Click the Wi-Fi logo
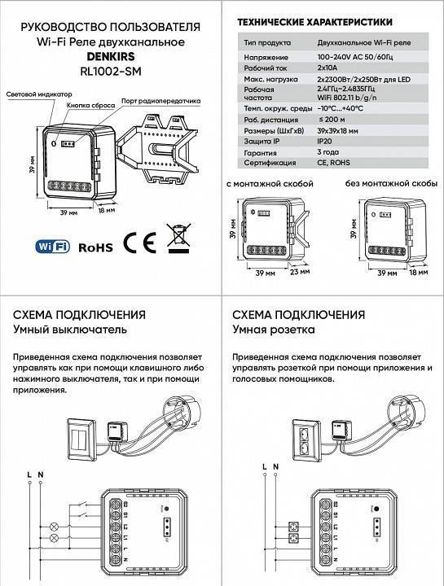tap(54, 244)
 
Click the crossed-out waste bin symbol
tap(175, 238)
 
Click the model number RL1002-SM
tap(110, 70)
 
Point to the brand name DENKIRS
tap(110, 56)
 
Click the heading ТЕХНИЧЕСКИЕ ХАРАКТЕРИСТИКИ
tap(312, 22)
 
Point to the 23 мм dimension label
tap(299, 274)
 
